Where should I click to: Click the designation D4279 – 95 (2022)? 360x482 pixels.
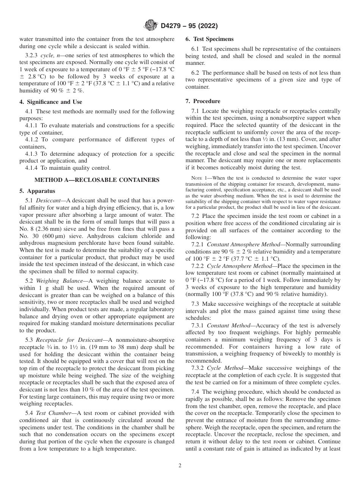pyautogui.click(x=186, y=26)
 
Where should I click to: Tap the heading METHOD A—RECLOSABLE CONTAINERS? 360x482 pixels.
pyautogui.click(x=97, y=180)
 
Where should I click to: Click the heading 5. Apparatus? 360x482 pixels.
pyautogui.click(x=37, y=191)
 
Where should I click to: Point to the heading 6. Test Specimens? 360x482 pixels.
pyautogui.click(x=209, y=39)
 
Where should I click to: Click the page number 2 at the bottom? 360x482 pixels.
pyautogui.click(x=180, y=466)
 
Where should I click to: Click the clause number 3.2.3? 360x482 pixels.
pyautogui.click(x=32, y=55)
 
